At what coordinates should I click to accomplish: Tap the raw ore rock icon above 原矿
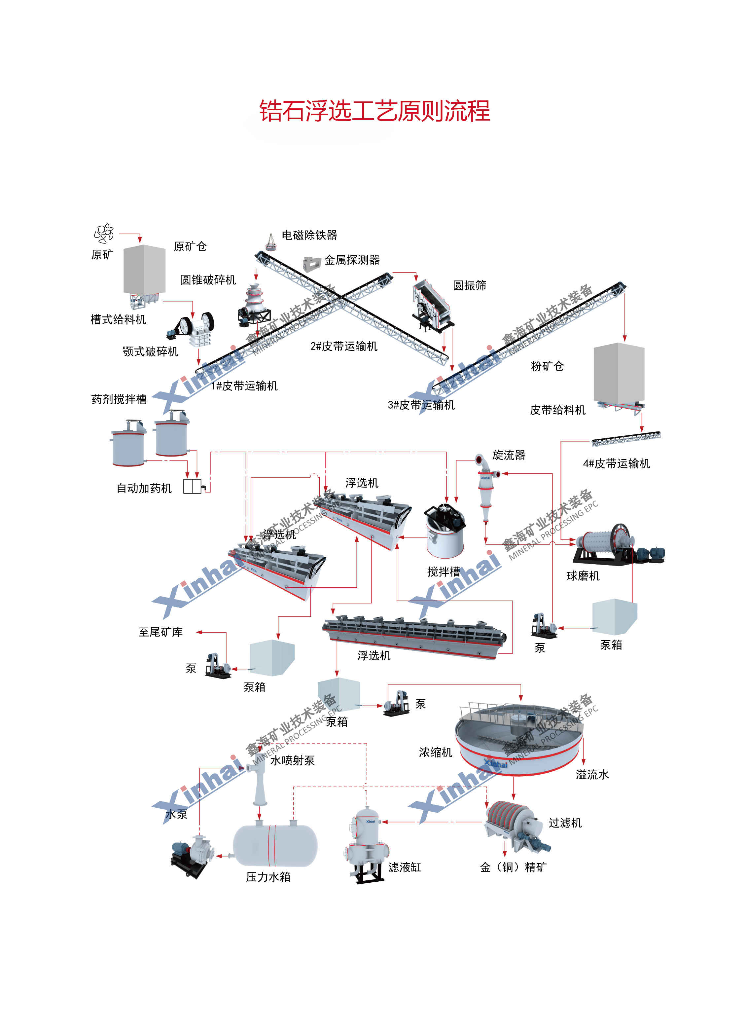(x=104, y=234)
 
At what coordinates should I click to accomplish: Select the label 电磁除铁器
(x=309, y=235)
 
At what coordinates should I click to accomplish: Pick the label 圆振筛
(x=469, y=286)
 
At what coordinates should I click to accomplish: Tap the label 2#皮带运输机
(x=344, y=346)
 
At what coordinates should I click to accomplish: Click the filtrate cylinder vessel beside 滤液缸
(x=368, y=842)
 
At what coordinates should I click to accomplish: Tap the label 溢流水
(x=592, y=775)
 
